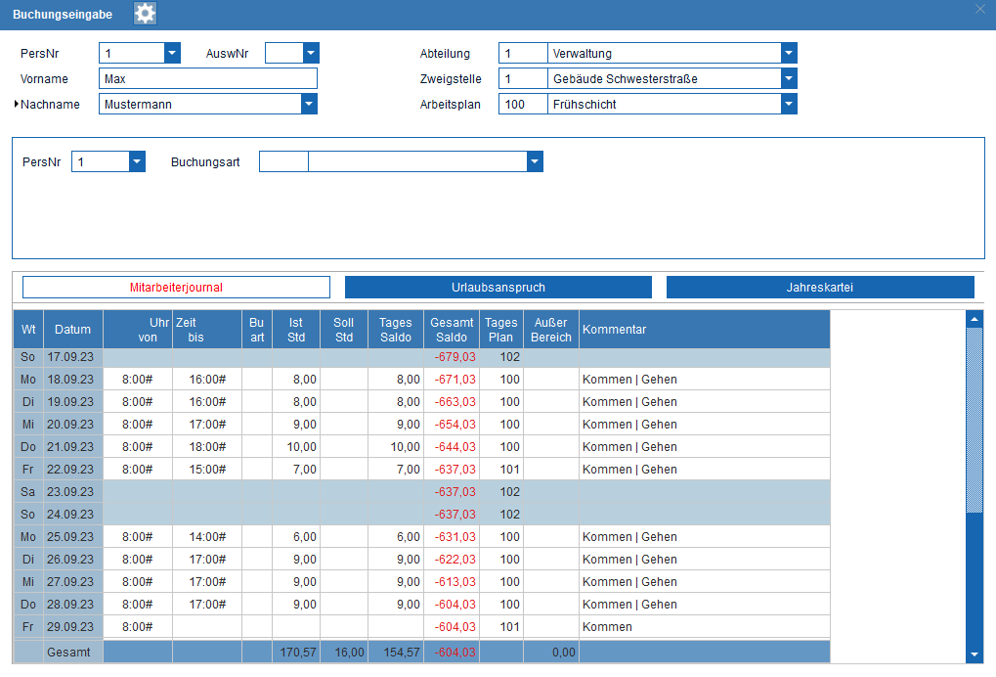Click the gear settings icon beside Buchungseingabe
145,14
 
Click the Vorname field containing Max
208,79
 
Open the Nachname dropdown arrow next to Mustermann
309,105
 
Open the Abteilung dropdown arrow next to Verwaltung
789,54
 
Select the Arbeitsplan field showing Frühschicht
665,105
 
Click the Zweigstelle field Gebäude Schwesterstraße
665,79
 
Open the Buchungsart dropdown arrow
535,161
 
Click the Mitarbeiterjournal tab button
176,288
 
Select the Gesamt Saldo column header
452,330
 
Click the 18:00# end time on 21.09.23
207,447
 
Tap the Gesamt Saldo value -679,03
455,357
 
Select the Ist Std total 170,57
298,653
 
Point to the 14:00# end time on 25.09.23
207,537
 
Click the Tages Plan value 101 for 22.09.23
509,470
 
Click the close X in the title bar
980,9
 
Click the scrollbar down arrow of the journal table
974,654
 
